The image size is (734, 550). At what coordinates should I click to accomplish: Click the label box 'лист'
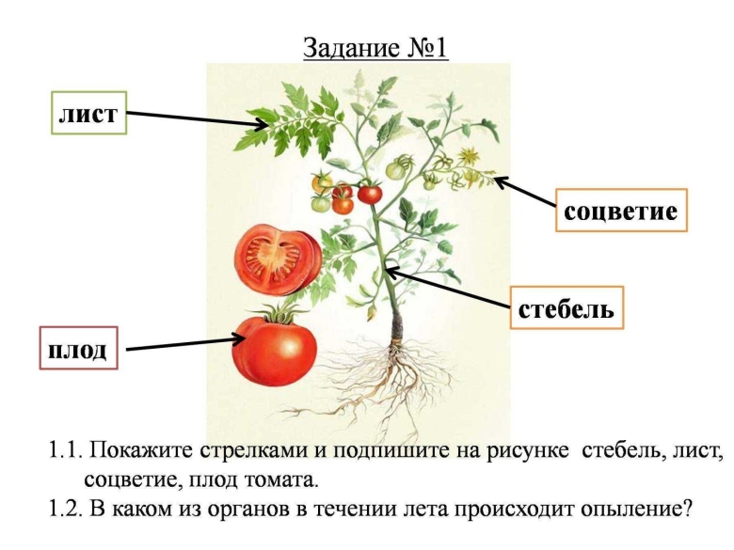88,115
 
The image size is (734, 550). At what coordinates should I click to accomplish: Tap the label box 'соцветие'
620,211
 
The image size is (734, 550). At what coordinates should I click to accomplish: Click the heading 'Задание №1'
375,47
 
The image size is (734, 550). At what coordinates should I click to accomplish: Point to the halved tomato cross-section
277,257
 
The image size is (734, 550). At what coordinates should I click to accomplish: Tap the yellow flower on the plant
468,156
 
